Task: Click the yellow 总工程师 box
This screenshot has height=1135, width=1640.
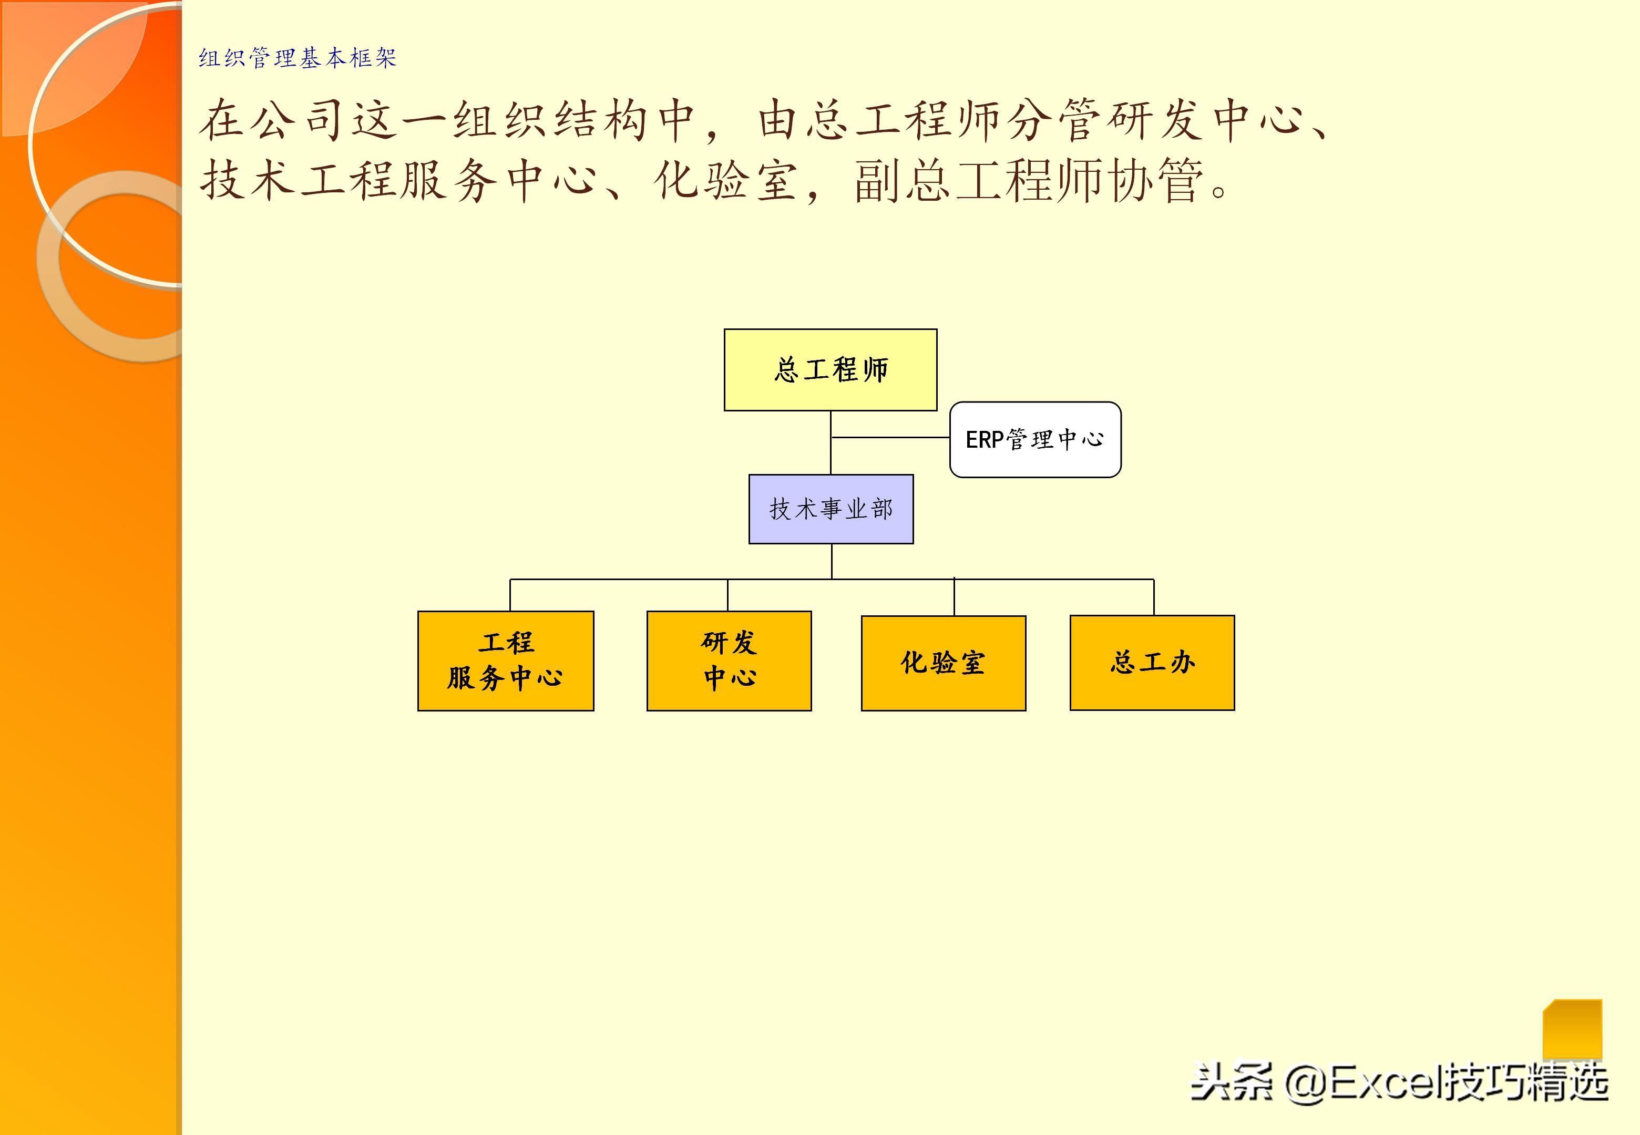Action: pyautogui.click(x=830, y=370)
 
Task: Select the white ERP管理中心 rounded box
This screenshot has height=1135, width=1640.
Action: pyautogui.click(x=1035, y=439)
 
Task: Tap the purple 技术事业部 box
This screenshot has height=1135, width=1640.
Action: pyautogui.click(x=831, y=509)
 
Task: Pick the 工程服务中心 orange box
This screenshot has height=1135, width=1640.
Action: pyautogui.click(x=506, y=661)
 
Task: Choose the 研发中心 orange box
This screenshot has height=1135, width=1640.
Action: pyautogui.click(x=729, y=661)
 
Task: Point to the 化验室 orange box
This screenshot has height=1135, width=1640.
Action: pyautogui.click(x=943, y=663)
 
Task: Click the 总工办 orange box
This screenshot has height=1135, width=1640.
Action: pyautogui.click(x=1152, y=663)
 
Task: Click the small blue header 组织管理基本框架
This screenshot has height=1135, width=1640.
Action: pyautogui.click(x=298, y=58)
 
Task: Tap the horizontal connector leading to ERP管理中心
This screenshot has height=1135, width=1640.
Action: pyautogui.click(x=890, y=437)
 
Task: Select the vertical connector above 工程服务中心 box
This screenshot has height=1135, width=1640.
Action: pyautogui.click(x=510, y=595)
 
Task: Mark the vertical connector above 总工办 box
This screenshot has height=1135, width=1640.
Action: pyautogui.click(x=1154, y=597)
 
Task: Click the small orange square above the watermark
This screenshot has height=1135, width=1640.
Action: pyautogui.click(x=1572, y=1029)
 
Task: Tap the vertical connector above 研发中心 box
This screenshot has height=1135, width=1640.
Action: pyautogui.click(x=727, y=595)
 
